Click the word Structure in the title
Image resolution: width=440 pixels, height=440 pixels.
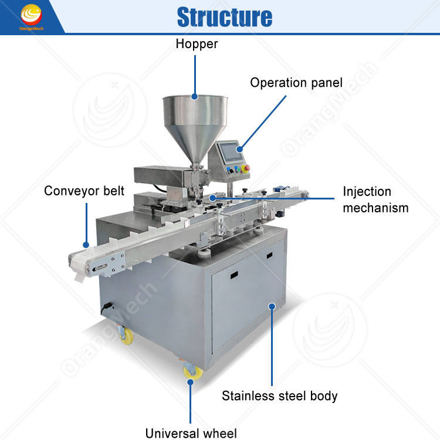coord(225,17)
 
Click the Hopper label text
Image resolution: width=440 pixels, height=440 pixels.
coord(196,44)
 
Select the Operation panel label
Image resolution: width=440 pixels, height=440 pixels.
coord(296,83)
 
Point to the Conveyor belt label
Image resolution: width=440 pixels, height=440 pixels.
coord(84,191)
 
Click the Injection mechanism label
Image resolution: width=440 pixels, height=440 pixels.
coord(375,199)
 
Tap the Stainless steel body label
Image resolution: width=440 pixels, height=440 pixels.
coord(280,396)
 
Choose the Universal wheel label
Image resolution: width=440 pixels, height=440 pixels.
coord(191,434)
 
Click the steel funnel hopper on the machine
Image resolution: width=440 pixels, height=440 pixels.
coord(188,117)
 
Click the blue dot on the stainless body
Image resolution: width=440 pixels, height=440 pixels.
coord(272,305)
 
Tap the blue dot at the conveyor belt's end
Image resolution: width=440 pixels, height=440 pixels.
coord(86,245)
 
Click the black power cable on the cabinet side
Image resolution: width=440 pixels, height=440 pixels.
coord(107,306)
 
